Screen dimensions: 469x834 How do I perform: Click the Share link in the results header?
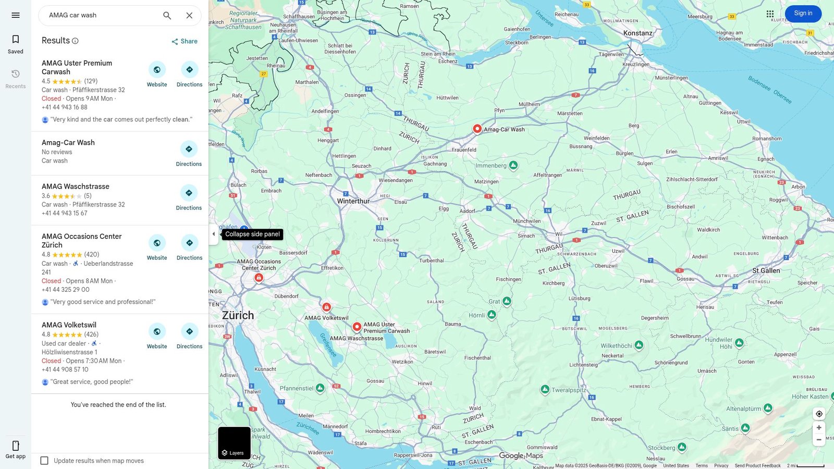pos(185,41)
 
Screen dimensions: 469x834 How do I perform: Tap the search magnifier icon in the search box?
pos(167,16)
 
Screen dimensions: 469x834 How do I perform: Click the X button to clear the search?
pos(189,16)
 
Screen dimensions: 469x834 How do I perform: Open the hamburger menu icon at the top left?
pos(16,15)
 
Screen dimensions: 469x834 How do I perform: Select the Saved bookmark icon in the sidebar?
pos(16,40)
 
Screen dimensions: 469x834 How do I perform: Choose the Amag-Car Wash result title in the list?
pos(68,142)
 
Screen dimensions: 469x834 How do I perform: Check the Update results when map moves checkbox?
pos(44,461)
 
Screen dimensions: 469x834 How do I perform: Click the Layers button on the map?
pos(234,443)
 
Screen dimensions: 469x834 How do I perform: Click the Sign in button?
pos(803,14)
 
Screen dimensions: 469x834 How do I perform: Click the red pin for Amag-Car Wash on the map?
pos(477,129)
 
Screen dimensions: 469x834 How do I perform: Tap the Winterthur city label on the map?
pos(353,201)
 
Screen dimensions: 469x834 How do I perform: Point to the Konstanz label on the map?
pos(637,33)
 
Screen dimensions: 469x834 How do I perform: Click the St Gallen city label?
pos(766,270)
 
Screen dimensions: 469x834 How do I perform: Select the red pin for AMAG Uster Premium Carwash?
pos(357,327)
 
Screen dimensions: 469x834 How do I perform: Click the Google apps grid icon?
pos(770,14)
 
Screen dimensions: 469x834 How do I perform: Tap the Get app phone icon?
pos(16,446)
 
